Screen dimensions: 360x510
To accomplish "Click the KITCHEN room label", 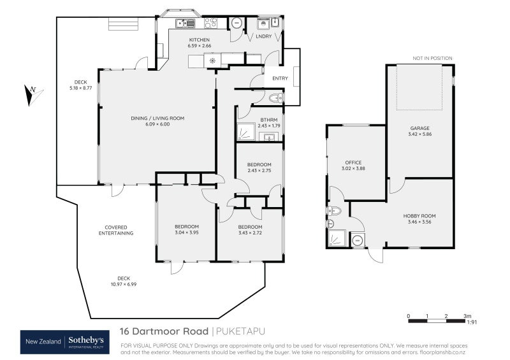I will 199,40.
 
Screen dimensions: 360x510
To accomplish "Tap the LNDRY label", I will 264,36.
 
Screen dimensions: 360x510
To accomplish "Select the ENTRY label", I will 280,78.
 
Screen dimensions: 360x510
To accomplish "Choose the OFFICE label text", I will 353,162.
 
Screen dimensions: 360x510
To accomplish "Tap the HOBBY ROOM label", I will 419,216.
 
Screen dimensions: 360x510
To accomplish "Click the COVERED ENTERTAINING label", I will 116,230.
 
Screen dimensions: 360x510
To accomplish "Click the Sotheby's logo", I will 88,342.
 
